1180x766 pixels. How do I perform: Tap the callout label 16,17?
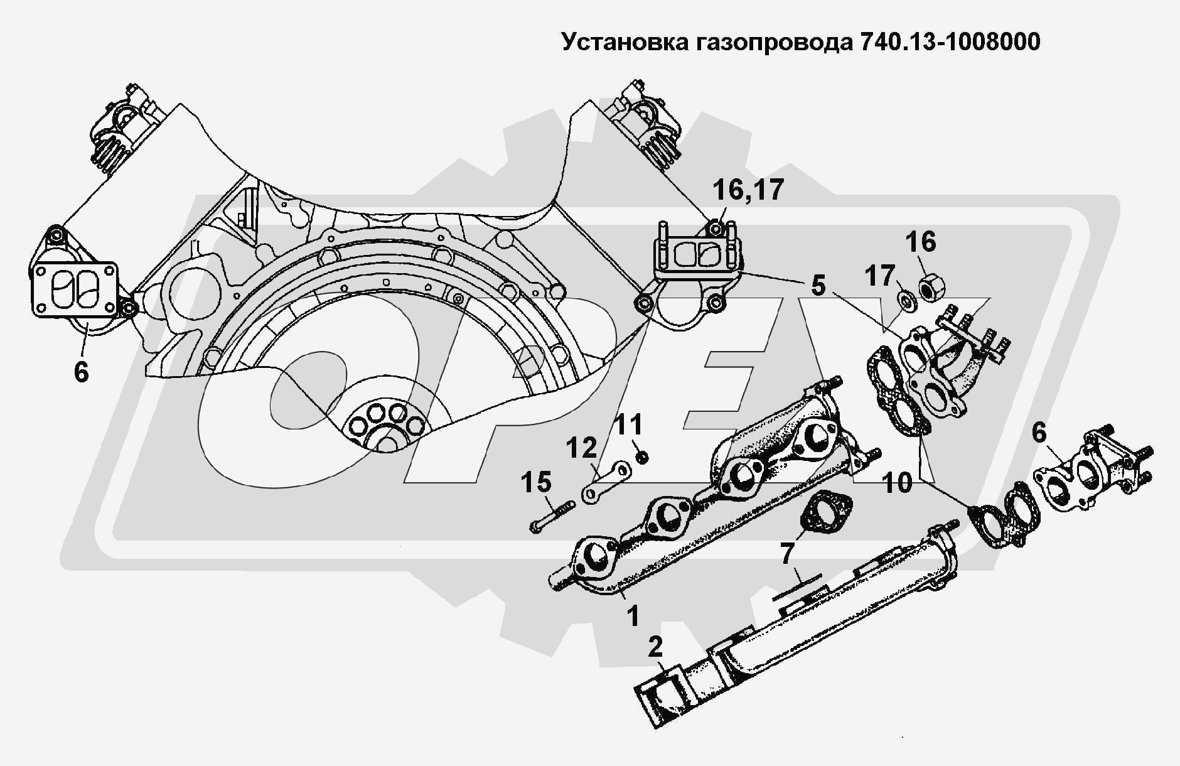tap(748, 190)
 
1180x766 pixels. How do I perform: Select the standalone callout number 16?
tap(921, 242)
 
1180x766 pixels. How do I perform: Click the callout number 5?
tap(818, 286)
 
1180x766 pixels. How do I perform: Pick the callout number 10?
tap(897, 483)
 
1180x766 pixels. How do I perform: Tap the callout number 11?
tap(628, 425)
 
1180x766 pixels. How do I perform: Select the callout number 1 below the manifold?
tap(633, 615)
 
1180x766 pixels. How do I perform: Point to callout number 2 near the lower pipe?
tap(655, 647)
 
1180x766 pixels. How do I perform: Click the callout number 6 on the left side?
tap(81, 372)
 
